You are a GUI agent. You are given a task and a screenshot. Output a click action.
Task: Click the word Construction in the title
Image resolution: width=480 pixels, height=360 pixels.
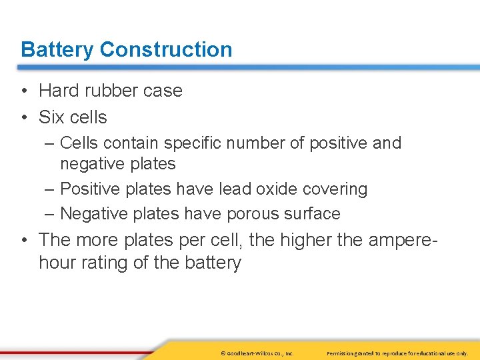166,49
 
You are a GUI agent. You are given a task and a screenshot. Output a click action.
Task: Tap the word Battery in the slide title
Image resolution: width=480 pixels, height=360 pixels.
57,49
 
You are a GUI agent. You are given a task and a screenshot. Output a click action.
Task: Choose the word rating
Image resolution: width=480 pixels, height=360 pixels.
103,263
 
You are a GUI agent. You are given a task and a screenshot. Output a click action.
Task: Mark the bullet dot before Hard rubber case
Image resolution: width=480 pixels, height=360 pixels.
24,91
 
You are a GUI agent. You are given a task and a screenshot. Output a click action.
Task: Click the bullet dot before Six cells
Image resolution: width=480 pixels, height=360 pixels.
24,118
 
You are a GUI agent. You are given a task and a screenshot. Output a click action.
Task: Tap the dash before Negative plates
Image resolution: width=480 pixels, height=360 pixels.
50,214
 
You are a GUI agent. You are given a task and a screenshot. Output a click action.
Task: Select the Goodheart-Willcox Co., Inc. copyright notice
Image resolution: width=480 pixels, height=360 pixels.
257,353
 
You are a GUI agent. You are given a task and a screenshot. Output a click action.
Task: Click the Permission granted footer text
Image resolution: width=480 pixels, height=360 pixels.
397,353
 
